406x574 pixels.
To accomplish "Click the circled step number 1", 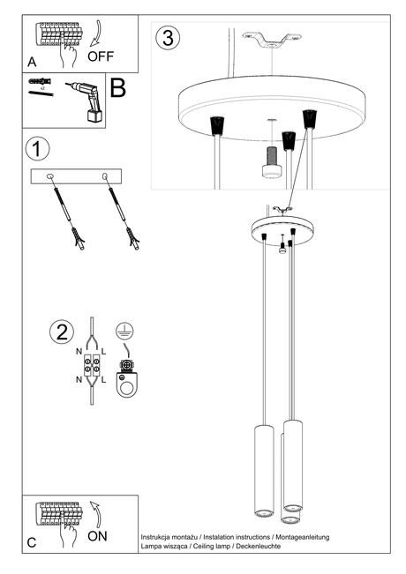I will click(38, 148).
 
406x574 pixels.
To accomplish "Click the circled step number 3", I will click(169, 38).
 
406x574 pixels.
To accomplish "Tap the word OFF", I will click(101, 56).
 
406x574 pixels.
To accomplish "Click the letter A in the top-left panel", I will click(33, 63).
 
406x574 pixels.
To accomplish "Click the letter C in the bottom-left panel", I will click(32, 542).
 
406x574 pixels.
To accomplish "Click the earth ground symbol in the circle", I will click(125, 333).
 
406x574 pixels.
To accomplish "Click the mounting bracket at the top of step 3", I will click(272, 41).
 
